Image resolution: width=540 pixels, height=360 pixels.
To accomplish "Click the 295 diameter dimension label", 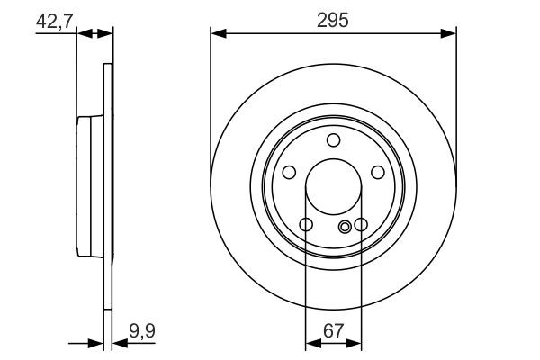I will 333,19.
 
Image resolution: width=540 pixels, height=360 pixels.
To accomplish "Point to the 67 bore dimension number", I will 333,329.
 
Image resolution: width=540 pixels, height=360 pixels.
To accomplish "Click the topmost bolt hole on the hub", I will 333,139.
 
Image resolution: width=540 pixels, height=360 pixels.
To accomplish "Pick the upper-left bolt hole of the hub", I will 289,173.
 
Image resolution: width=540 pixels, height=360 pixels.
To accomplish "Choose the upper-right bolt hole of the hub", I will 377,173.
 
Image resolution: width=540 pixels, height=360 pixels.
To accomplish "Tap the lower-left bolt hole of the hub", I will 306,225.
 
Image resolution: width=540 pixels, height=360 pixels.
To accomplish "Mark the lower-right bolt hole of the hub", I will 361,225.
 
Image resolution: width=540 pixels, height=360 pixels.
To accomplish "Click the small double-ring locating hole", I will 346,229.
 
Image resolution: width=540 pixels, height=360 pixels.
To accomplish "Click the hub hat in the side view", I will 90,186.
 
